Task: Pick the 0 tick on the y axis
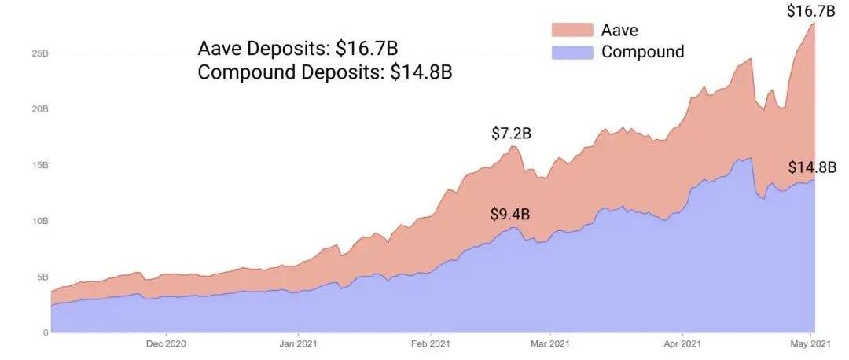pos(46,332)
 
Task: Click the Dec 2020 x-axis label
pos(166,343)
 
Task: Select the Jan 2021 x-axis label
pos(298,343)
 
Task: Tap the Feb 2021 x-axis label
pos(429,343)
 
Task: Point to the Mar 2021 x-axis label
pos(549,343)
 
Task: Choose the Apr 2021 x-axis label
pos(681,343)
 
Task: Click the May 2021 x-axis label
pos(810,343)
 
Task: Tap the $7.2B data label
pos(511,134)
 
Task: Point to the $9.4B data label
pos(510,214)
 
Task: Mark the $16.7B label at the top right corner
pos(810,11)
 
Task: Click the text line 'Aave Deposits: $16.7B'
pos(303,48)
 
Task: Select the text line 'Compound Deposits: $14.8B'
pos(325,72)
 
